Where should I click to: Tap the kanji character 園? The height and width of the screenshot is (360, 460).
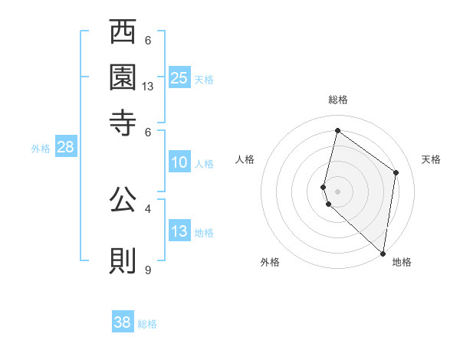point(123,77)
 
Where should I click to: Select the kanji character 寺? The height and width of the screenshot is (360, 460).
point(123,121)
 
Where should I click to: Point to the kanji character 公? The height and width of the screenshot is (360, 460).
point(123,201)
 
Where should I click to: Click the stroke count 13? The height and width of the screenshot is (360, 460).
point(148,87)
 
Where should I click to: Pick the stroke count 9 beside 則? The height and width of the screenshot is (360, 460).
point(148,270)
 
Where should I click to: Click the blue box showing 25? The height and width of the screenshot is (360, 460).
point(179,77)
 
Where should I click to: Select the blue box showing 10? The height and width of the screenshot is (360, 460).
point(179,162)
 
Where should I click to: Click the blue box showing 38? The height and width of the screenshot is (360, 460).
point(123,322)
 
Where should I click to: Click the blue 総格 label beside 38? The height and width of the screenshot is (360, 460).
point(147,324)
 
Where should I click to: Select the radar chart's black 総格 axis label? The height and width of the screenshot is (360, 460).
point(338,100)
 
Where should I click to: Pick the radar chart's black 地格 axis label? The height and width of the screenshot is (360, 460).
point(402,262)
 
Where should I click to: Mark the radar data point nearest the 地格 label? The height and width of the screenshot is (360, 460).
point(383,254)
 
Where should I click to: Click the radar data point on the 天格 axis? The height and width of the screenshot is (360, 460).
point(396,172)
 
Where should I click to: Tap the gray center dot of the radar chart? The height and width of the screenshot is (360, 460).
point(338,191)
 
